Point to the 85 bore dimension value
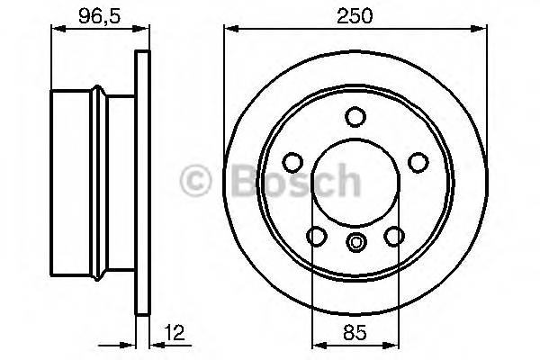(x=355, y=333)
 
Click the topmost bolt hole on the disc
(x=355, y=117)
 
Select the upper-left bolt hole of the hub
(x=292, y=162)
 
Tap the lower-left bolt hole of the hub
(x=316, y=236)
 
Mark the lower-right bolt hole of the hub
(x=392, y=236)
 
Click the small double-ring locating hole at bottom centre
(x=355, y=240)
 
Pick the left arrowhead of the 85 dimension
(x=316, y=345)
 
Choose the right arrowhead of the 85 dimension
(x=393, y=345)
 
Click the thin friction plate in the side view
(x=140, y=180)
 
